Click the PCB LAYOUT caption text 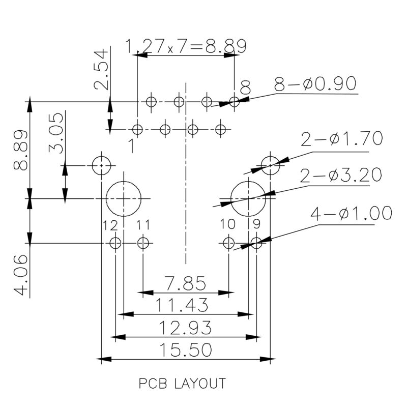click(182, 383)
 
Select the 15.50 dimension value click(186, 350)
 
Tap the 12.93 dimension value click(186, 328)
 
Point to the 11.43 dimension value click(182, 305)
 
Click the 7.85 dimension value click(186, 282)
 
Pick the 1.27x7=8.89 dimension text click(186, 47)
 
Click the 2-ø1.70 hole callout click(341, 138)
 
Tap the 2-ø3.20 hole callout click(341, 176)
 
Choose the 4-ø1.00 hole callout click(352, 213)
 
